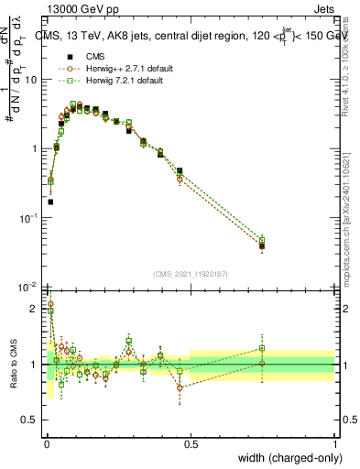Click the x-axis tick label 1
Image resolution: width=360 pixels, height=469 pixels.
coord(334,444)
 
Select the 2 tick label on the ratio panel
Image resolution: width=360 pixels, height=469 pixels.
coord(36,309)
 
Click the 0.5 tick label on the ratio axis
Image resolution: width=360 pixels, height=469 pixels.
coord(32,421)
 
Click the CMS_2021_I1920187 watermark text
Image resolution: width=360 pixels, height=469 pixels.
coord(190,274)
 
